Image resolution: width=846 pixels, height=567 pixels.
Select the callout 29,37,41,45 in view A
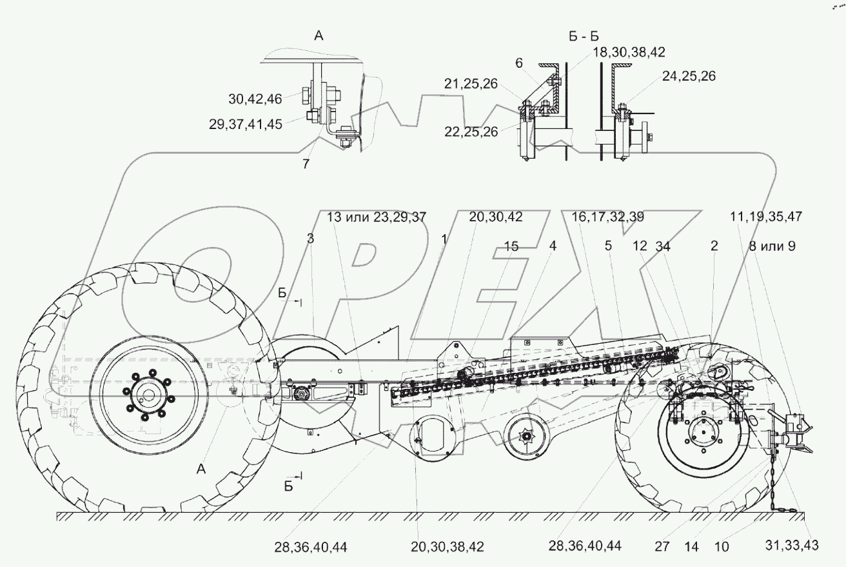tap(246, 124)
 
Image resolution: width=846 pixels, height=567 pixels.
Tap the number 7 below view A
tap(306, 164)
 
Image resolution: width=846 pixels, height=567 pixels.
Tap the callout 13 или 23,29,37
tap(377, 217)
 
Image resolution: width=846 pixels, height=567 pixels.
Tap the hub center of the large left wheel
tap(149, 395)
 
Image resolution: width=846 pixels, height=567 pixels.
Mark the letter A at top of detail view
tap(318, 37)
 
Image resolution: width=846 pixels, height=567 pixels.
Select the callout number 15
tap(511, 246)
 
